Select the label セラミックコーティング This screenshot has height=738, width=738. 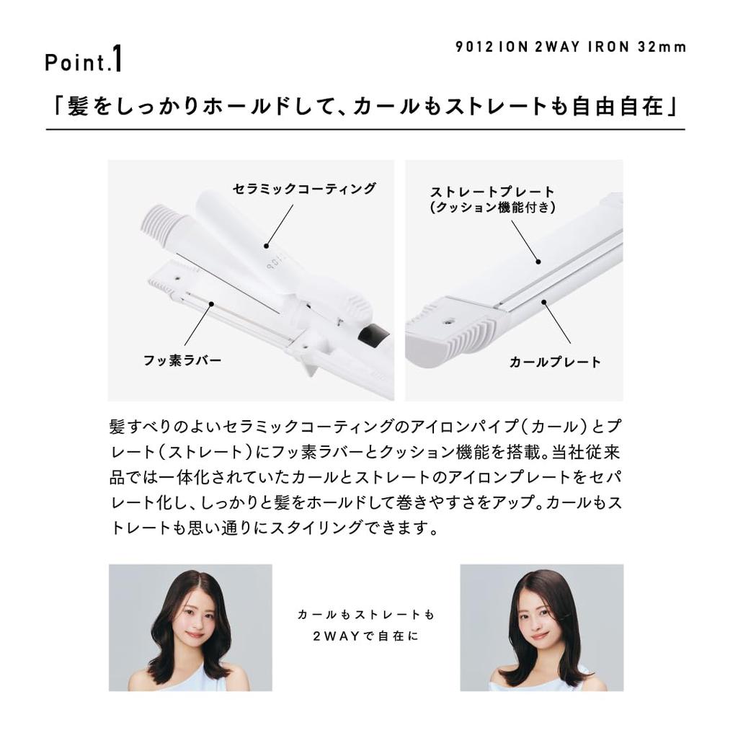[x=304, y=189]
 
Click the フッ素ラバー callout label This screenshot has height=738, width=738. [x=182, y=360]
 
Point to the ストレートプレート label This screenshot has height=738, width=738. [x=492, y=192]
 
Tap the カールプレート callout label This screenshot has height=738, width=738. [x=555, y=362]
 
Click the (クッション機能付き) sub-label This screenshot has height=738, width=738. [x=492, y=208]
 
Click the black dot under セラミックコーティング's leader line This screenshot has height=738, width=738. [x=267, y=246]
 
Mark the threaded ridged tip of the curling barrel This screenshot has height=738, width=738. [x=159, y=220]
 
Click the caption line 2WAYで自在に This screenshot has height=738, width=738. [x=366, y=636]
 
